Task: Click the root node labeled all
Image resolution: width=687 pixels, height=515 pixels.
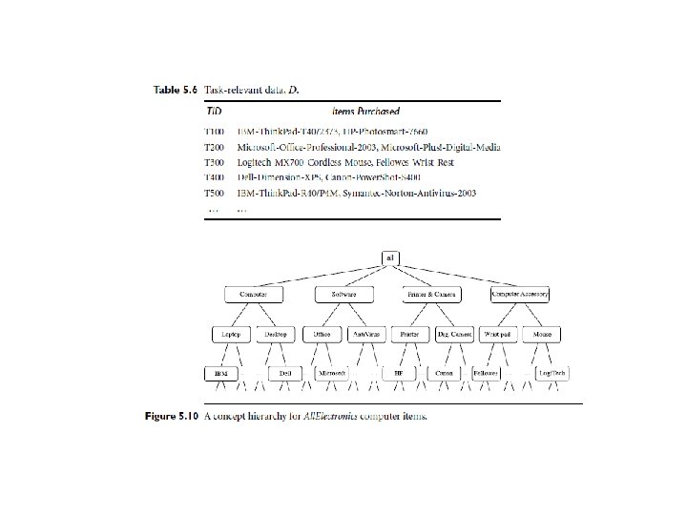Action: point(391,257)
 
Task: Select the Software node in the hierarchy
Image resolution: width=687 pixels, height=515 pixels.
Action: point(343,296)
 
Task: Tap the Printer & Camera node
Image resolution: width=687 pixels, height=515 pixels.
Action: point(431,296)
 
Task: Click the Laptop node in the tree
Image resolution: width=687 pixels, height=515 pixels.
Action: point(231,335)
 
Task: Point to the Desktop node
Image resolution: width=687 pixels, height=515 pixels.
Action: point(276,335)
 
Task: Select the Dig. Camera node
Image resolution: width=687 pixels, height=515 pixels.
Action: point(454,335)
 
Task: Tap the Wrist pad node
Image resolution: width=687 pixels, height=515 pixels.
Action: point(498,335)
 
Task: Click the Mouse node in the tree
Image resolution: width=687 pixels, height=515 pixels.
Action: point(542,335)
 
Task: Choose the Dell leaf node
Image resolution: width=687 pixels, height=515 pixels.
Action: point(284,373)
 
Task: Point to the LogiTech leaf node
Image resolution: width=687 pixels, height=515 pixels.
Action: point(552,373)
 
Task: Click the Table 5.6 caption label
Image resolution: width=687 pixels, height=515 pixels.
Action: point(177,90)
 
